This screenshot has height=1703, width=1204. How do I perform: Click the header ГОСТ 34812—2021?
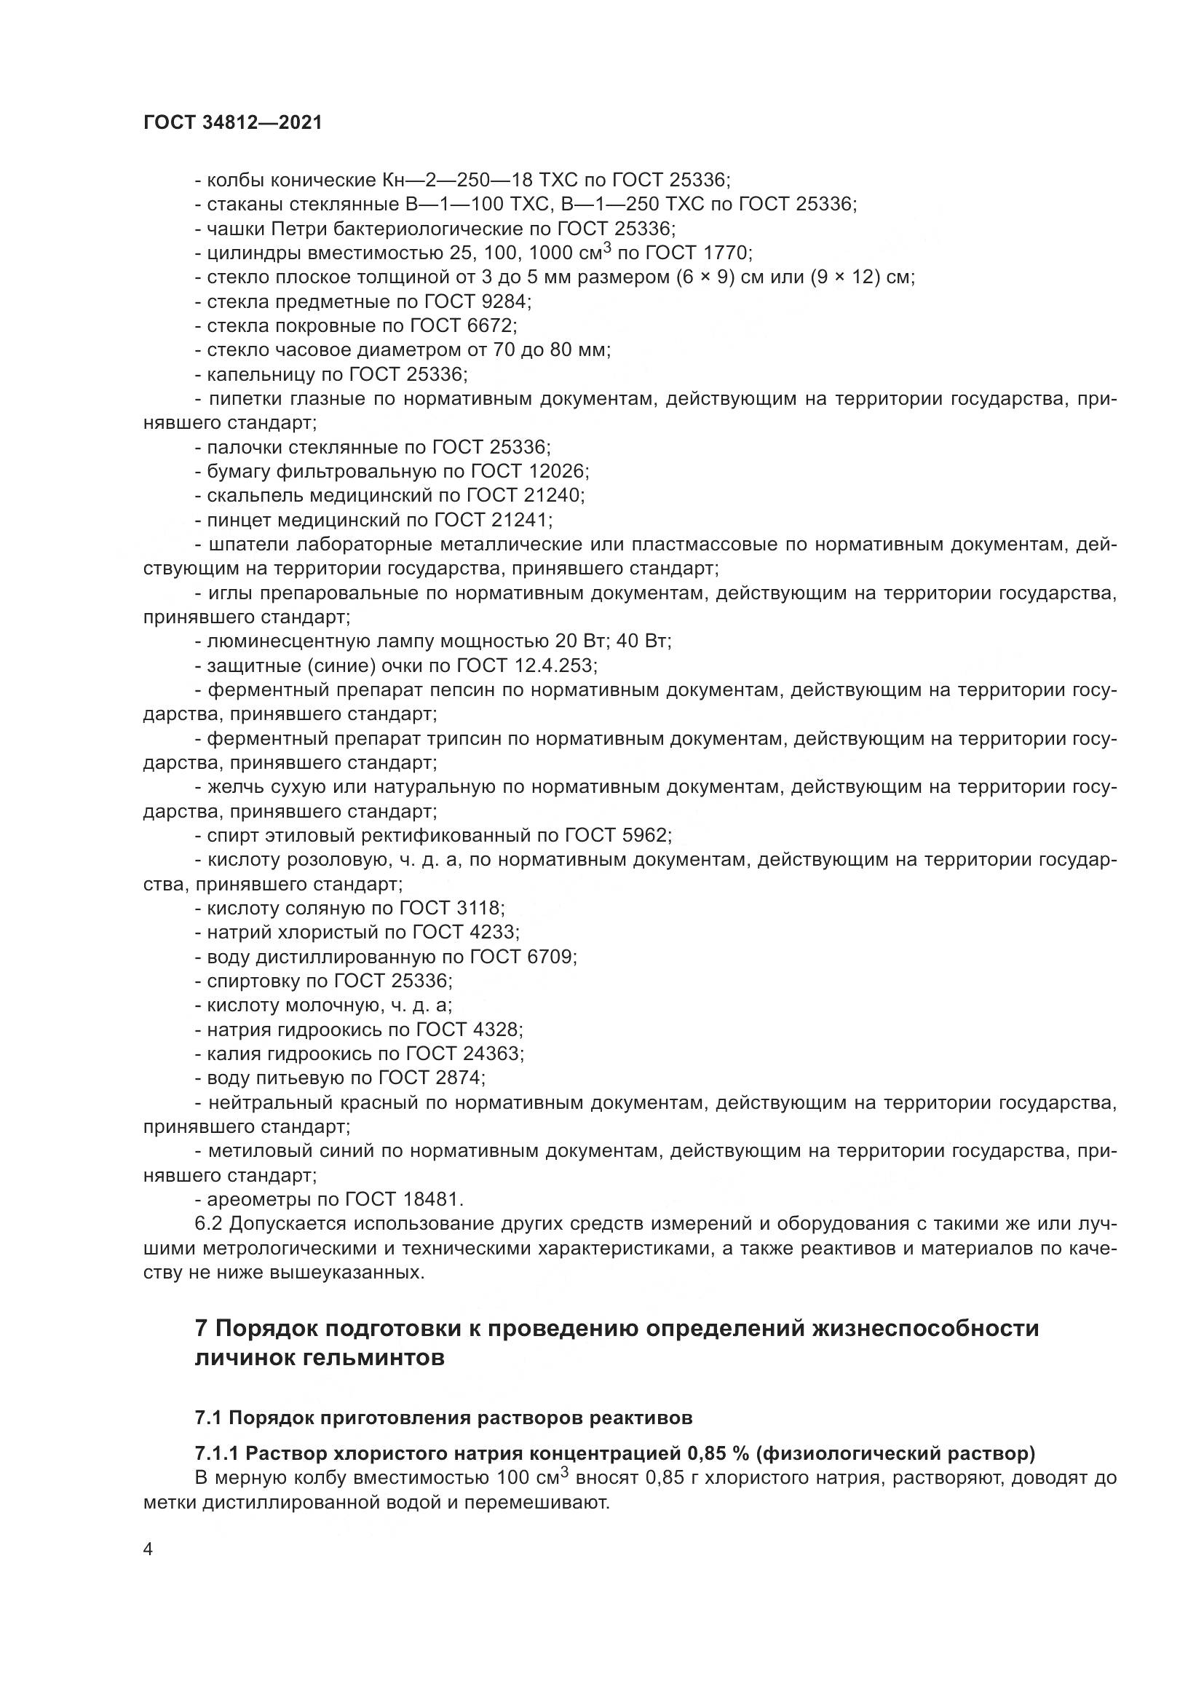click(x=233, y=123)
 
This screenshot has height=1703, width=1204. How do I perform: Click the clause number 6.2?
click(x=209, y=1224)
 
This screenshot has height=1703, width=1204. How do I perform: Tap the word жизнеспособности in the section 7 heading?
click(x=927, y=1328)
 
